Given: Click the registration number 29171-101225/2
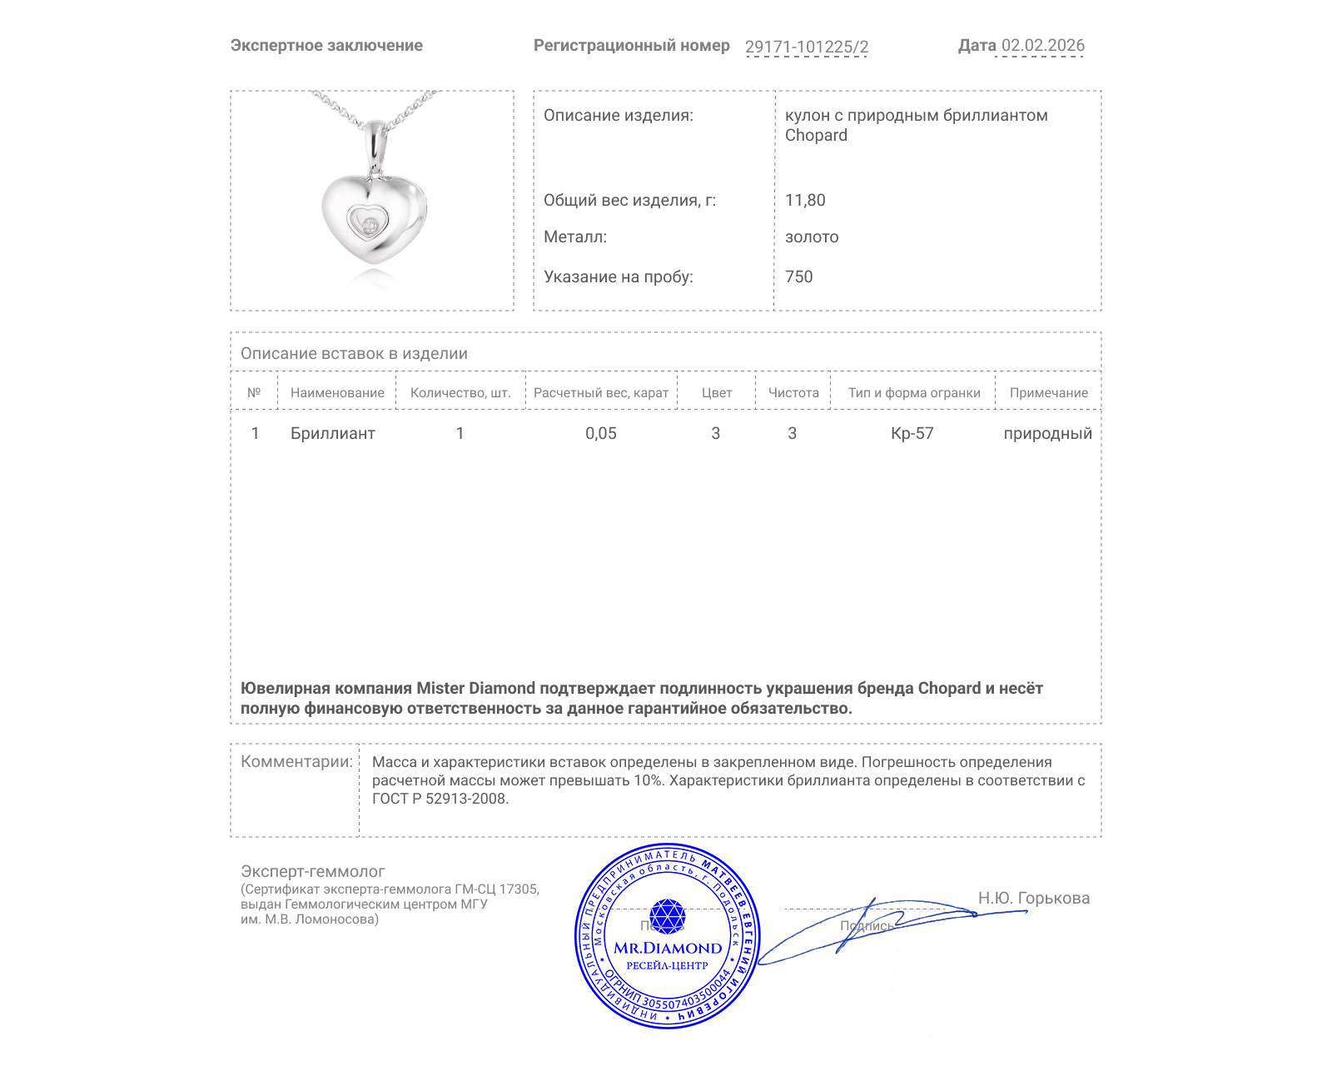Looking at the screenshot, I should point(806,47).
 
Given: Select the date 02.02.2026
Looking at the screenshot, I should point(1042,46).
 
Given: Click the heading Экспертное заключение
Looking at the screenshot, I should point(326,46).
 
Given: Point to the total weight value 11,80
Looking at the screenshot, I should point(805,200).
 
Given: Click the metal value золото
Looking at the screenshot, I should point(812,237).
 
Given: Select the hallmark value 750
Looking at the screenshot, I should point(798,276).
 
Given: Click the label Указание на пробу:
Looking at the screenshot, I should point(618,276).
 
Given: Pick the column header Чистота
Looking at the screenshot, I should point(793,393).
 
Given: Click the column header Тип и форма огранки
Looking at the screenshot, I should point(914,393).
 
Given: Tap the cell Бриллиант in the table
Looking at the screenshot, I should point(332,433).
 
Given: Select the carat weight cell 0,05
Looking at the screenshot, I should point(600,433).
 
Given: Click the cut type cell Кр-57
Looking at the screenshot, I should point(912,433).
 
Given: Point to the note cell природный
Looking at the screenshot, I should point(1047,433).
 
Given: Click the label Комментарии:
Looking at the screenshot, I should point(296,761).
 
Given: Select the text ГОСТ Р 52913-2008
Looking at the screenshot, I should point(440,799).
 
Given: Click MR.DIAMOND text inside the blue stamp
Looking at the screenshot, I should point(668,948).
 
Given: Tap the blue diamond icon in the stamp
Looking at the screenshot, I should point(667,915).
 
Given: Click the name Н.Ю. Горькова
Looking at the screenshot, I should point(1033,898).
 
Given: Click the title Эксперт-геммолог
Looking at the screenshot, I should point(312,871).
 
